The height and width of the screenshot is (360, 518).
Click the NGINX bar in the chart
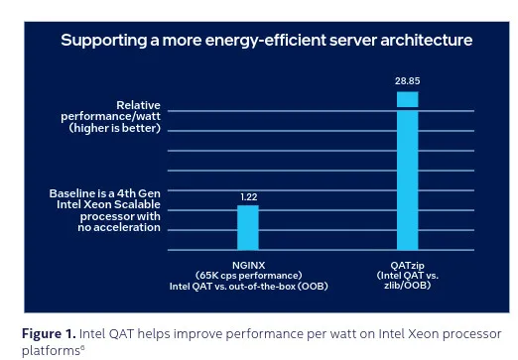click(247, 228)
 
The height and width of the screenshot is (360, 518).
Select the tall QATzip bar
click(408, 169)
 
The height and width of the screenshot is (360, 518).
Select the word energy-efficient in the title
click(265, 41)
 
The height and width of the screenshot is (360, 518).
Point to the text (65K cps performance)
click(248, 276)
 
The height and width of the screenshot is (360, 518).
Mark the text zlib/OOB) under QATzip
click(408, 286)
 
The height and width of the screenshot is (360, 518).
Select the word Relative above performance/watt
click(139, 104)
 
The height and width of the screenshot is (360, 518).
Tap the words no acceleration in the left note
click(119, 227)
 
